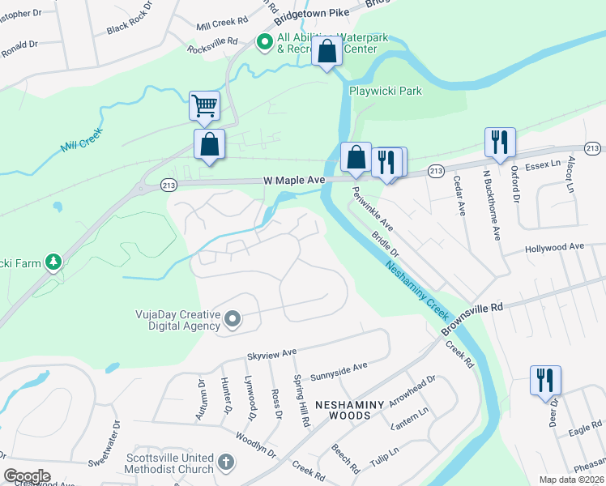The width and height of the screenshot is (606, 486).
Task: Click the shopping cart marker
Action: [204, 106]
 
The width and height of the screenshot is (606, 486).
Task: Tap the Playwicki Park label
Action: [386, 92]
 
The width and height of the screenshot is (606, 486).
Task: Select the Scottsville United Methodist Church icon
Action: [226, 463]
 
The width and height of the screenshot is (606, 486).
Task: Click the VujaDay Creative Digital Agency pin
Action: [233, 319]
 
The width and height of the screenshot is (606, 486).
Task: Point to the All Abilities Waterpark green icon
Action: [264, 42]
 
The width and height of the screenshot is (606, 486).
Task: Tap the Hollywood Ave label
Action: [554, 246]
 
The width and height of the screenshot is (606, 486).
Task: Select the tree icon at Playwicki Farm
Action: [53, 261]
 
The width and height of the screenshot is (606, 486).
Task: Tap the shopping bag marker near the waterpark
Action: [326, 52]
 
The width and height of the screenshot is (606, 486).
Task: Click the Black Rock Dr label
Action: [129, 23]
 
